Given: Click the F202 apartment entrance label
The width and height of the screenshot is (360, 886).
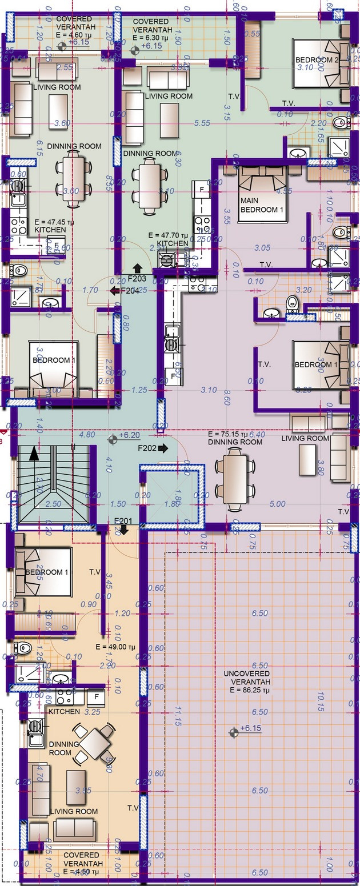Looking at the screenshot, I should pos(149,448).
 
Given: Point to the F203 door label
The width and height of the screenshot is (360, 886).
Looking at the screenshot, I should pos(137,278).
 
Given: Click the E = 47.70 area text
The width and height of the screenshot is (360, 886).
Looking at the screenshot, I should pos(167,235).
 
